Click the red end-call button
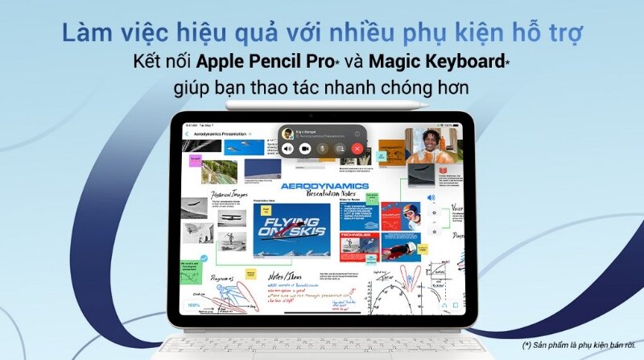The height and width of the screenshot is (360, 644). (x=357, y=148)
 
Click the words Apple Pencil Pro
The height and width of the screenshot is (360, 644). (x=250, y=60)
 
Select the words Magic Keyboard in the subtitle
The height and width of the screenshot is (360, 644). (x=420, y=60)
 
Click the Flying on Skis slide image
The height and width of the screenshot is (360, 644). (x=291, y=227)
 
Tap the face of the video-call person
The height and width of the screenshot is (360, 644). (x=427, y=142)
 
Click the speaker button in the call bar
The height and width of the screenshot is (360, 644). (x=288, y=148)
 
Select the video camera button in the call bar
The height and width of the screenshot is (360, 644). (x=306, y=148)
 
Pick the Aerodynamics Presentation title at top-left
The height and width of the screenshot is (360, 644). (x=217, y=133)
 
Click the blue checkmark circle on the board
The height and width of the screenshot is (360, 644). (x=204, y=259)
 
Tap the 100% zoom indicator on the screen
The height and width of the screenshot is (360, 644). (x=194, y=305)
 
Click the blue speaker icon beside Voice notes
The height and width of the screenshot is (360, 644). (x=431, y=197)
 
